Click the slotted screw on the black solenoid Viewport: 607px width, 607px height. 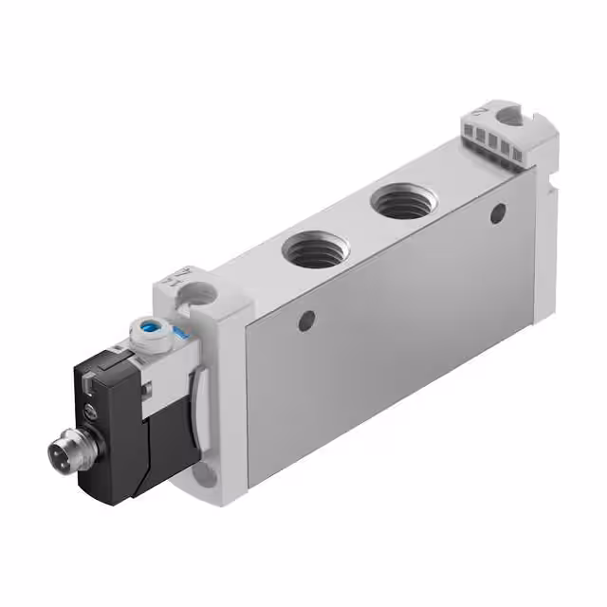[x=90, y=410]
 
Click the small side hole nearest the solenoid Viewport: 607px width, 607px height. [x=305, y=322]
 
